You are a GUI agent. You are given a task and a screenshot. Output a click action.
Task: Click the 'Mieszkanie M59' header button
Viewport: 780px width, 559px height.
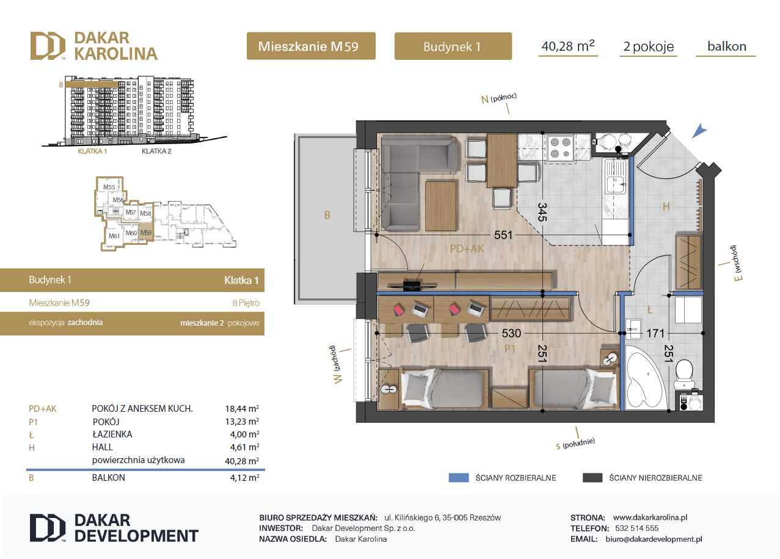311,46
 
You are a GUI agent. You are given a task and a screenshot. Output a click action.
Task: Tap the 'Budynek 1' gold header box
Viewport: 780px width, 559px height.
453,46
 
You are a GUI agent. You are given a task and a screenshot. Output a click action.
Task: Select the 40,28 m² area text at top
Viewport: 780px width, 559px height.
568,46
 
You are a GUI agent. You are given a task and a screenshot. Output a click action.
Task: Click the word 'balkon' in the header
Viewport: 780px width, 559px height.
727,46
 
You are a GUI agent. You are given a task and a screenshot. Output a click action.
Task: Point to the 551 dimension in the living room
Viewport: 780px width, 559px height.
503,235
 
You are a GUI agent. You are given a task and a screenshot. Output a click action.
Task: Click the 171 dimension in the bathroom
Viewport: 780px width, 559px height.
655,334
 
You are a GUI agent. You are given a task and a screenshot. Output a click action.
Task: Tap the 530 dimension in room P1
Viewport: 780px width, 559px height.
511,334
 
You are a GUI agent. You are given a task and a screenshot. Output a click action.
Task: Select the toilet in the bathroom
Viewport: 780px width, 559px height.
685,374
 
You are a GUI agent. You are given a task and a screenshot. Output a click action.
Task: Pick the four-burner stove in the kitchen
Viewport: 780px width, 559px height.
560,148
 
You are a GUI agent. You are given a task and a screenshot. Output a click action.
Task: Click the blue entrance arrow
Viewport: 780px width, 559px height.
699,131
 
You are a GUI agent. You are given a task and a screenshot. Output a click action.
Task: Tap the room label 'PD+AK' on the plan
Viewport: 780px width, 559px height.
467,249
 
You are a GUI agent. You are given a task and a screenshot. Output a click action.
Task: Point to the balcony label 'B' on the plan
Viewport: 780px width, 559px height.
327,215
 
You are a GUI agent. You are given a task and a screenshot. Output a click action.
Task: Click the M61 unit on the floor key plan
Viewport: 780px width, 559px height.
114,236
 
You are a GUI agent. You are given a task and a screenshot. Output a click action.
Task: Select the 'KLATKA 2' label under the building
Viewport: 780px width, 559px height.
156,151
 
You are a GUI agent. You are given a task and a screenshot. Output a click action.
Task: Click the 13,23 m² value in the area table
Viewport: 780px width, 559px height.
242,422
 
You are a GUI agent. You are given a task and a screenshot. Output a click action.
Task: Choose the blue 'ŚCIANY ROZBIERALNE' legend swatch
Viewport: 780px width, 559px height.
459,478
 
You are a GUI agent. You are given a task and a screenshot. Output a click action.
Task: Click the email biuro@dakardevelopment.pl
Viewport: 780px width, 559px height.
654,539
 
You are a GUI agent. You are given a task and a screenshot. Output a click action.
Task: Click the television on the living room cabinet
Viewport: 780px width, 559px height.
412,285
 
